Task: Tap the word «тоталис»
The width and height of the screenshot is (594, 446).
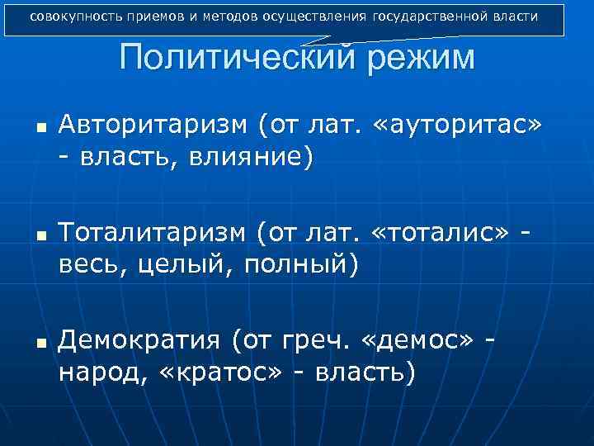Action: point(445,234)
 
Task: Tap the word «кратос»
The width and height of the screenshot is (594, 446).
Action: point(213,371)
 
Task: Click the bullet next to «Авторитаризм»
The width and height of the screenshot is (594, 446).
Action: point(40,128)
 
